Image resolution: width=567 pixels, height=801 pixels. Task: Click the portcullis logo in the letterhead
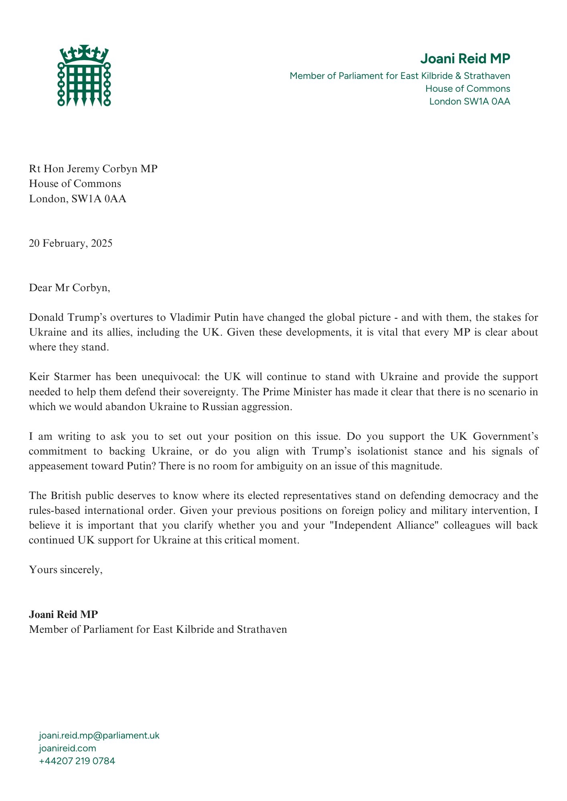84,76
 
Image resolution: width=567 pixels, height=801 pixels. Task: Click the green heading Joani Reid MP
465,59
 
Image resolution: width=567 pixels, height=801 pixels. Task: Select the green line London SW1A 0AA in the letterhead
470,101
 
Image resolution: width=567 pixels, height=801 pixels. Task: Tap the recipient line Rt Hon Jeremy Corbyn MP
93,169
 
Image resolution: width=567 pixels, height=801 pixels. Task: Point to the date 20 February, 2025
71,243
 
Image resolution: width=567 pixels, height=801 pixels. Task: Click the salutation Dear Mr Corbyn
69,288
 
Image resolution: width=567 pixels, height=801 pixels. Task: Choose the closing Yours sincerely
66,570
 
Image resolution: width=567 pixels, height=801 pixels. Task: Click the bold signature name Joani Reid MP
63,614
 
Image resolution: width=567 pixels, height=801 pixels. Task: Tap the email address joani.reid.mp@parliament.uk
99,736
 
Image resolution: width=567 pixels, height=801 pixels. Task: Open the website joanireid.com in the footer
67,748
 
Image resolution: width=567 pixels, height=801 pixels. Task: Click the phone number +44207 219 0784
77,761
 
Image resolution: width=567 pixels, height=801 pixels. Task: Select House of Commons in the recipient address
75,183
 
